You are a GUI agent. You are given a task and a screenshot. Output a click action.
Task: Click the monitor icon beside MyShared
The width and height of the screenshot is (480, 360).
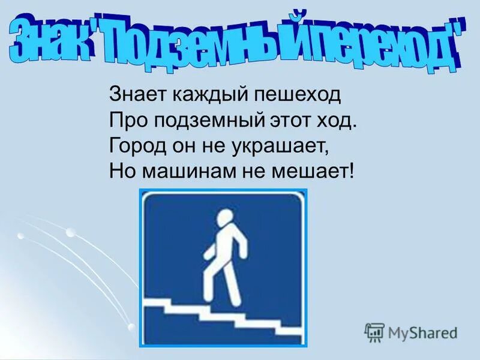(374, 332)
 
